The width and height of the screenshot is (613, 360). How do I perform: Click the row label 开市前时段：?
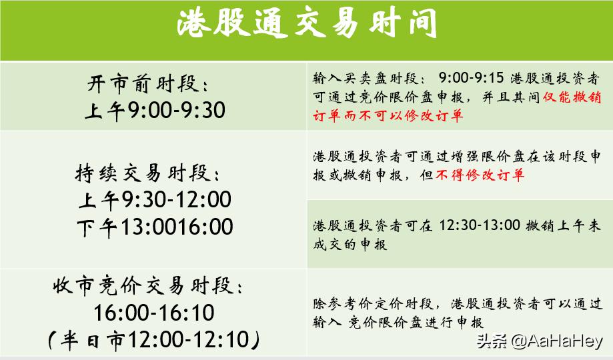(148, 85)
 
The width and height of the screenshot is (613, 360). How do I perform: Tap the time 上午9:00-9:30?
(155, 110)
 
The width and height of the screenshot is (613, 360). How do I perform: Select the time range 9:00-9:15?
(470, 77)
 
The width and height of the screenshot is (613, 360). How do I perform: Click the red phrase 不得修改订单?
(480, 175)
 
